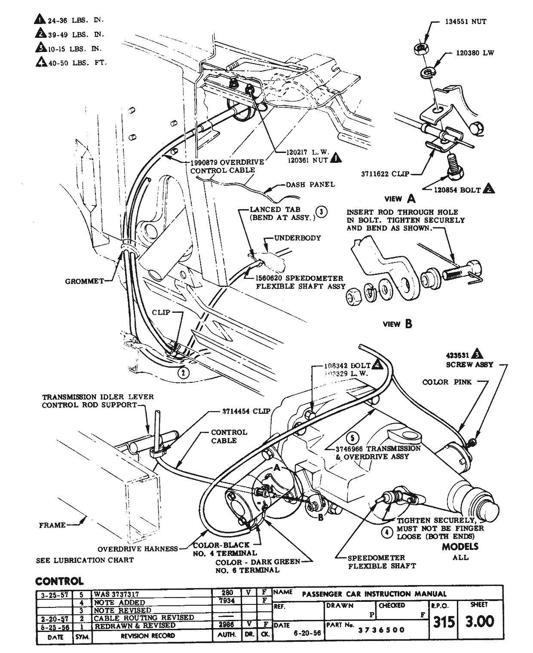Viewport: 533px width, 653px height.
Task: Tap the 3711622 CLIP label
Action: point(385,174)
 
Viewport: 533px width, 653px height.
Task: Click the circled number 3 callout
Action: point(321,211)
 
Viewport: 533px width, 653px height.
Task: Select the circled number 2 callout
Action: point(184,372)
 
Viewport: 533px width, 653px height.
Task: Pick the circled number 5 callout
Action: point(352,438)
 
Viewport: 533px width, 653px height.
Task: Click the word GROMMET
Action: point(84,281)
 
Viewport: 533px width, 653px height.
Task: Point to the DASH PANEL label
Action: point(310,185)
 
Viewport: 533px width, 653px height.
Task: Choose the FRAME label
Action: point(52,525)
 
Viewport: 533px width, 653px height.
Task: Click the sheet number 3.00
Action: point(479,621)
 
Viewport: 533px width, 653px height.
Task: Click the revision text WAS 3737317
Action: point(117,594)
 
